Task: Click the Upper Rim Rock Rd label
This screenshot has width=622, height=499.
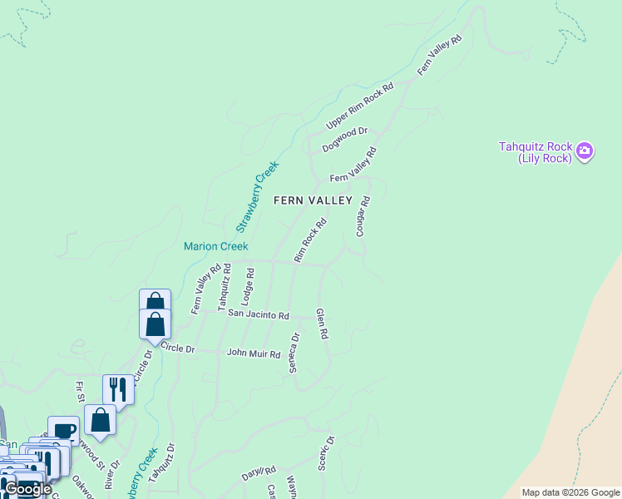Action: coord(360,107)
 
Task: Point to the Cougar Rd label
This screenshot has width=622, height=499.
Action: coord(362,216)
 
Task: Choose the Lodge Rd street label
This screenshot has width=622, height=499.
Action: coord(248,284)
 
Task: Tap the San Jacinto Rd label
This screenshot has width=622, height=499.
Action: coord(258,315)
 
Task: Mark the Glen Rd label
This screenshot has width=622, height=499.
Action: coord(322,323)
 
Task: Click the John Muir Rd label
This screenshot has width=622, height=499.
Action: coord(254,353)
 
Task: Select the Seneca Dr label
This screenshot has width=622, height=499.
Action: coord(294,353)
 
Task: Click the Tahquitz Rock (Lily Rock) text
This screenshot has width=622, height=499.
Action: coord(535,152)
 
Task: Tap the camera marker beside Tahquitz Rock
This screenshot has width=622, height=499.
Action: coord(585,151)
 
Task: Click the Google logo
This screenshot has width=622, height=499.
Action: coord(27,489)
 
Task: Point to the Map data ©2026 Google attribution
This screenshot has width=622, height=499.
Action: coord(570,492)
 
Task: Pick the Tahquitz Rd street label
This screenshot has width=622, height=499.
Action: coord(225,287)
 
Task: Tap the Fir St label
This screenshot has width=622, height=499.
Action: coord(81,392)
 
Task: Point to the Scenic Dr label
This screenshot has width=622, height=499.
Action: coord(326,454)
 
